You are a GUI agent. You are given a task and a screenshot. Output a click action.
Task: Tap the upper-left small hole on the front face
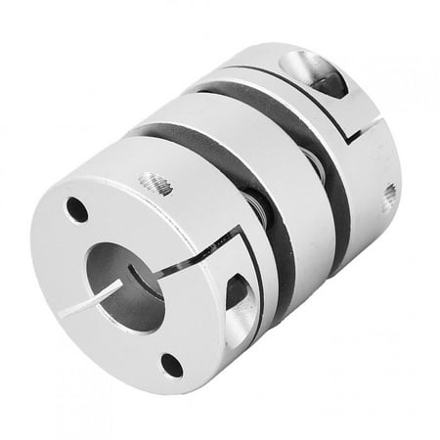click(74, 208)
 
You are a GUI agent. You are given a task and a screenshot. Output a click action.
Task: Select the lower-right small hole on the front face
click(172, 366)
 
